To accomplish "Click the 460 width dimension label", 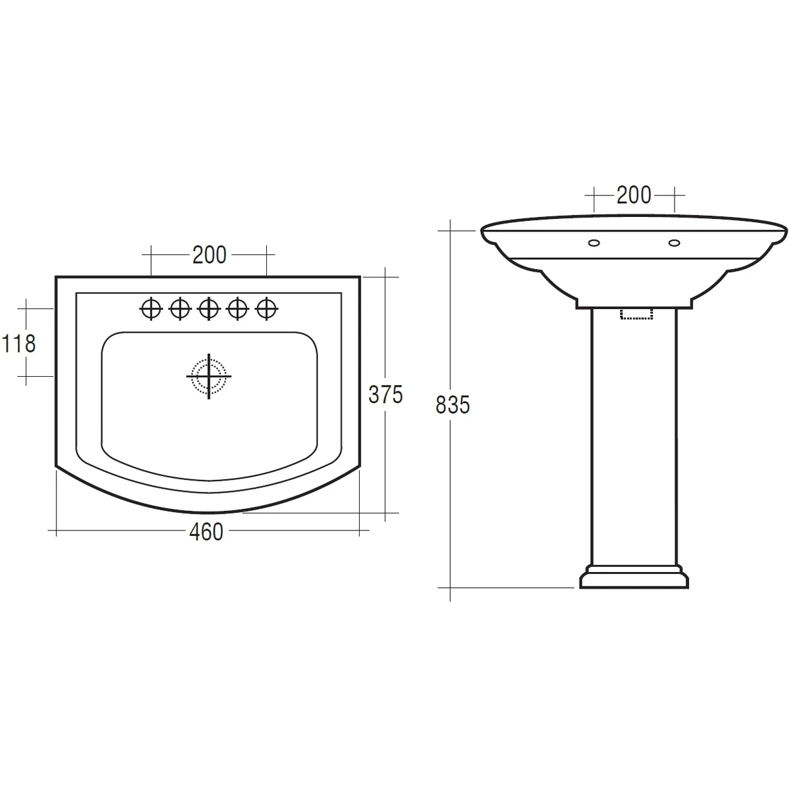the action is (206, 531).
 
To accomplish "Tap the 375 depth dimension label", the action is (385, 394).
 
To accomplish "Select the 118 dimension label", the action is (19, 343).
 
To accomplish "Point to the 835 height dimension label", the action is (452, 405).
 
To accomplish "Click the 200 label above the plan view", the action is (209, 254).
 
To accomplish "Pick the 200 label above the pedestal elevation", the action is (633, 195).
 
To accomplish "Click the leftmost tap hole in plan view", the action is (151, 308).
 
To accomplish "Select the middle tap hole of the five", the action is (209, 308).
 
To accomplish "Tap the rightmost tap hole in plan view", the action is (266, 308).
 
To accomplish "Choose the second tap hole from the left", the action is (179, 308).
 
